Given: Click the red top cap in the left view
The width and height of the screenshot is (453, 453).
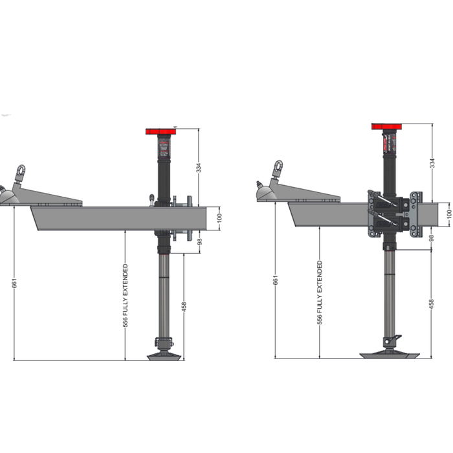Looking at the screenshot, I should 161,131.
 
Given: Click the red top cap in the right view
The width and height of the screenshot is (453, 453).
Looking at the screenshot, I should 388,126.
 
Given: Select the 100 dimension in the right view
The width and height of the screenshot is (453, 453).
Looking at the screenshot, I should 448,212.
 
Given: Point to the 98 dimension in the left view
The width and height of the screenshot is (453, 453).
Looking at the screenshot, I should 199,241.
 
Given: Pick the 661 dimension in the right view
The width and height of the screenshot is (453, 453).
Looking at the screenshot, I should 276,280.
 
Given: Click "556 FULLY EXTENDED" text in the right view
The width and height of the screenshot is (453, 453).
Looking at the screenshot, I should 320,292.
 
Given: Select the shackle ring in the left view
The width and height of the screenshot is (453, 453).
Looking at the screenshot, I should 21,171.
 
